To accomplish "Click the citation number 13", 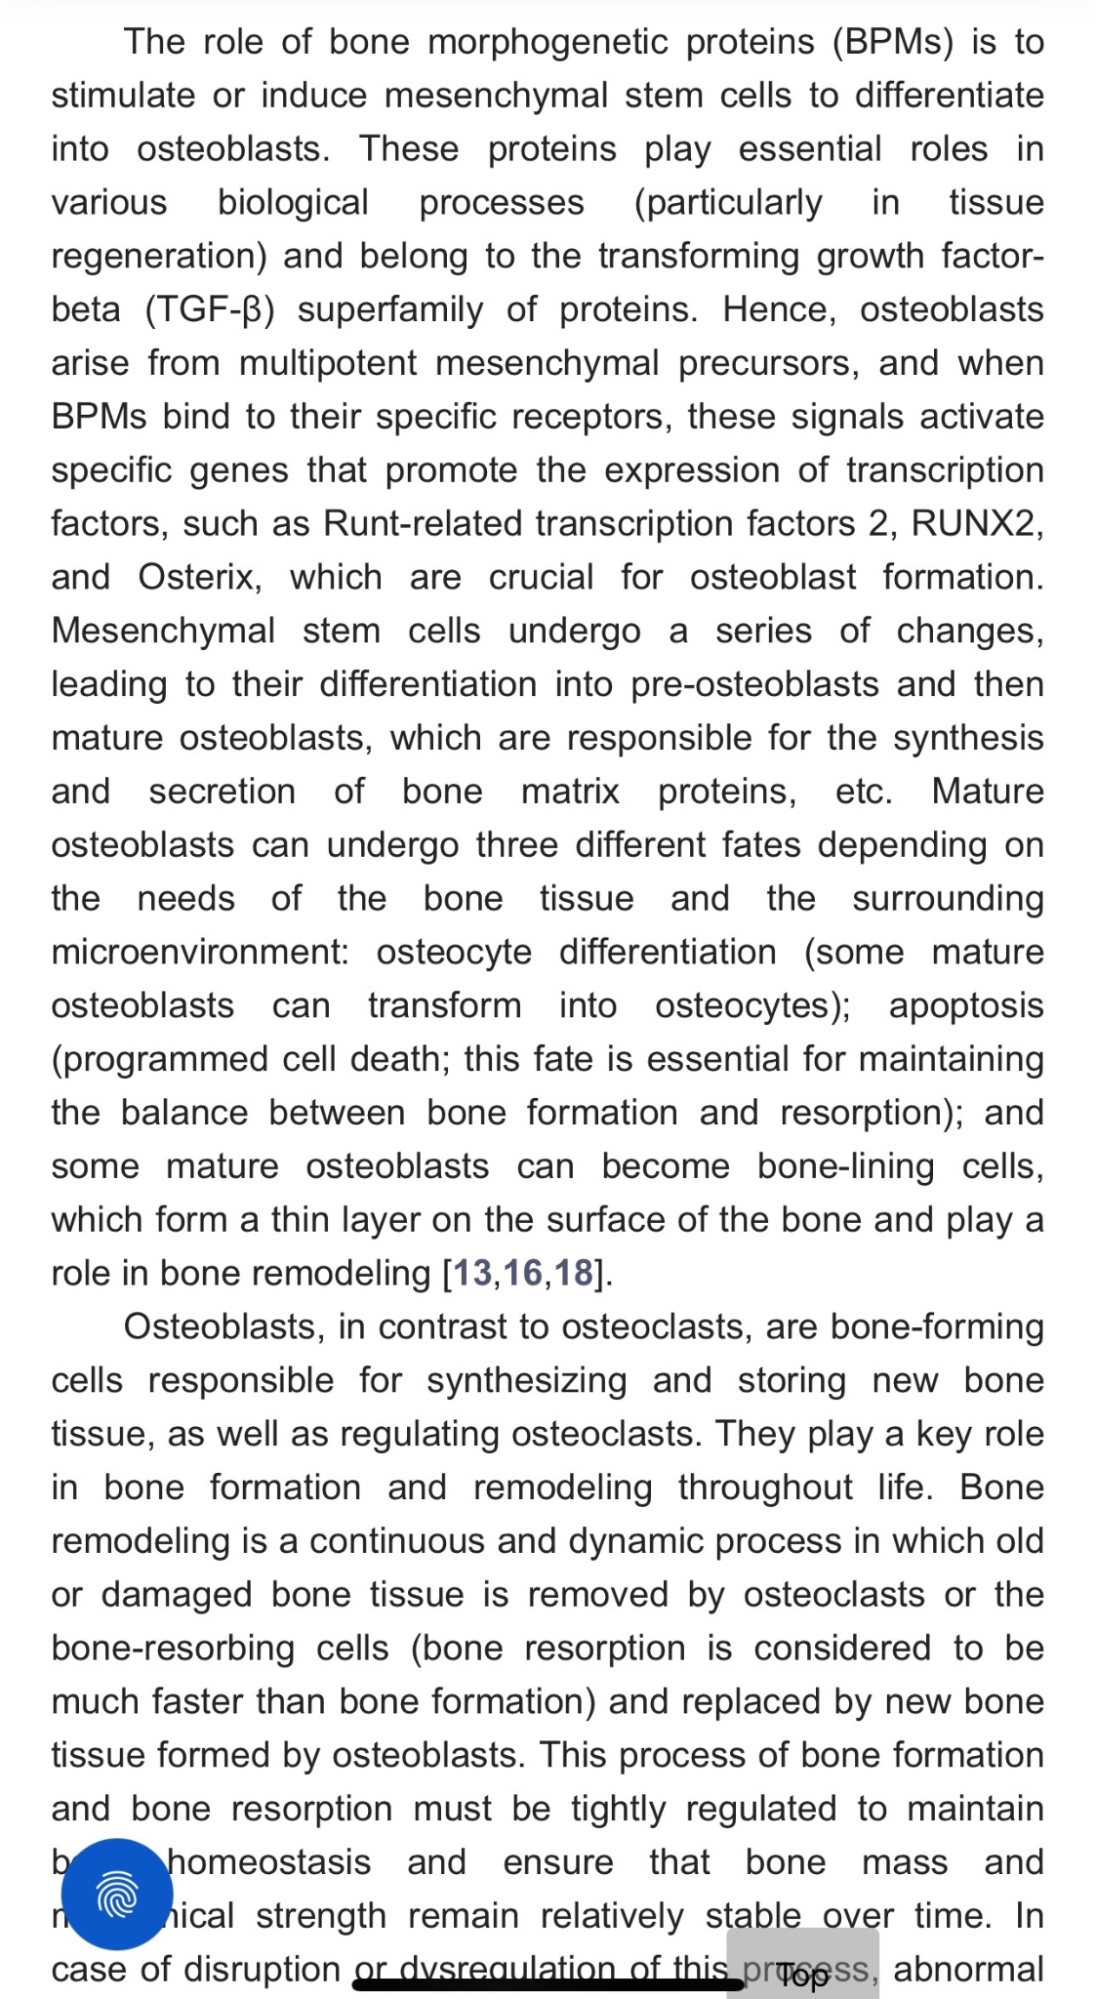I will point(473,1273).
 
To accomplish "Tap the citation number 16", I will point(523,1273).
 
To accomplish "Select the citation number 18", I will point(573,1273).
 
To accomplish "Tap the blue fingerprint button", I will point(118,1895).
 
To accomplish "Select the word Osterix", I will point(199,577).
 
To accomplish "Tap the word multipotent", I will point(328,363).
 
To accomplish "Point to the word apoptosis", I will point(965,1005).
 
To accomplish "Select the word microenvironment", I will point(199,952).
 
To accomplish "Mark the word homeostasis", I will point(269,1862).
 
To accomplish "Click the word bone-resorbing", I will point(173,1648).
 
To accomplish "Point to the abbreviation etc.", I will point(864,792).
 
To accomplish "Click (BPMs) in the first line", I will point(892,42).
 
